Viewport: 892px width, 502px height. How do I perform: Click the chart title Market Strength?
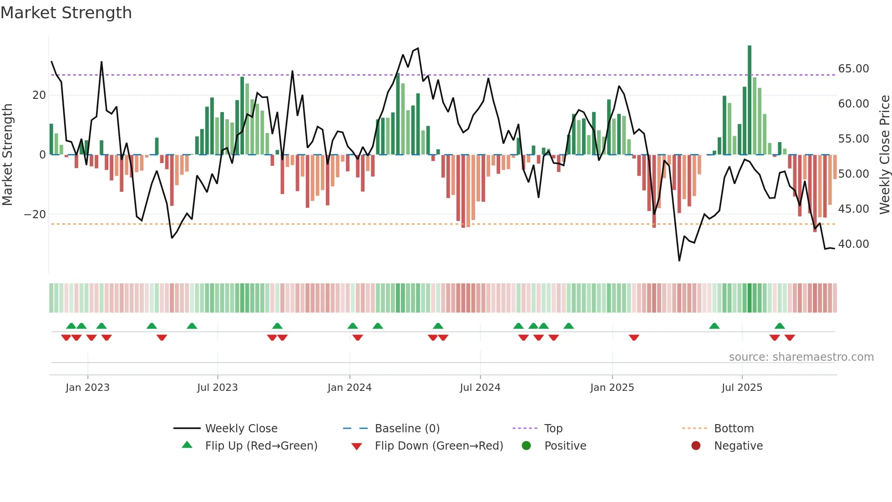click(66, 13)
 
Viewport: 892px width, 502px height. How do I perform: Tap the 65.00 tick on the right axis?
click(853, 69)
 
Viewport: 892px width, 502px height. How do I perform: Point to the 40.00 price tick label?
click(853, 244)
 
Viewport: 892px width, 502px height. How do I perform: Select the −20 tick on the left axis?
click(35, 215)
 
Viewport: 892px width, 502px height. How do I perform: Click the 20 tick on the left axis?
click(39, 95)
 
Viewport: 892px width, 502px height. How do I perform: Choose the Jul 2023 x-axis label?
click(218, 388)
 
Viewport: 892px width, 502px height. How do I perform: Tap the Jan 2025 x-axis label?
click(612, 388)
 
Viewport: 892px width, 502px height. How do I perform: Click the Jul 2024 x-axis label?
click(480, 388)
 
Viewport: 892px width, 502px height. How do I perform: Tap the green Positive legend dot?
click(527, 446)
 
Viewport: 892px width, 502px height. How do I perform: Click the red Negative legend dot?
click(696, 446)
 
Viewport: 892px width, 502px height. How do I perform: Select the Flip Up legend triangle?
click(187, 445)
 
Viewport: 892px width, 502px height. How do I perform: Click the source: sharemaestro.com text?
click(801, 357)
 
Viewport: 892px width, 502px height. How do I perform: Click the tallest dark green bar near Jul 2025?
click(750, 100)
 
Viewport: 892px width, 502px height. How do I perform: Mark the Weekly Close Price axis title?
click(884, 155)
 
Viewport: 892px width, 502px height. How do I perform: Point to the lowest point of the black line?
click(679, 261)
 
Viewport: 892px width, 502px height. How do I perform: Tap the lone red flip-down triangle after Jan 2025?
click(634, 338)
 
